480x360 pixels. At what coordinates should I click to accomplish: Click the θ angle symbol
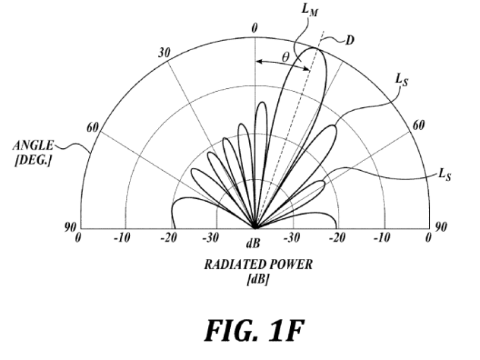click(x=286, y=57)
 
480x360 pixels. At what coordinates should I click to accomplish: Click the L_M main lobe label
click(x=310, y=10)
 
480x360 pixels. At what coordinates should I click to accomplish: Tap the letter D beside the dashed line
click(x=349, y=40)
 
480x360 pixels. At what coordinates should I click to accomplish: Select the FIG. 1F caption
click(x=254, y=330)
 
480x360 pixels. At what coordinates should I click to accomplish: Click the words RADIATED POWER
click(x=259, y=264)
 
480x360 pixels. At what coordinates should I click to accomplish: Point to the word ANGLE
click(x=33, y=145)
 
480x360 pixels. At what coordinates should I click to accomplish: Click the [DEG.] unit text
click(x=33, y=160)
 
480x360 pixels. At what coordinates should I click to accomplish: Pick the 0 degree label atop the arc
click(x=254, y=28)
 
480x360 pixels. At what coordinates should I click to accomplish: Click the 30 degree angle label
click(x=164, y=53)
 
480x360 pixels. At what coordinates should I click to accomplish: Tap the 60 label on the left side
click(x=93, y=128)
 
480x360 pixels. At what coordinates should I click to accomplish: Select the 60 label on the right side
click(x=418, y=125)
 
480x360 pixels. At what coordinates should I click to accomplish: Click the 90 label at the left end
click(x=70, y=227)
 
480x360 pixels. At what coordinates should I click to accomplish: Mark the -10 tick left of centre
click(x=122, y=238)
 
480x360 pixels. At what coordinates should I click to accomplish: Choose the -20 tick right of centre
click(x=338, y=238)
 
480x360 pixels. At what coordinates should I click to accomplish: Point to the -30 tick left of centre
click(x=210, y=238)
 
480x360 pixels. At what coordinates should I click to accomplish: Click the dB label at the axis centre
click(x=253, y=243)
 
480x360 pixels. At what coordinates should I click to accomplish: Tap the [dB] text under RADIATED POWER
click(x=257, y=279)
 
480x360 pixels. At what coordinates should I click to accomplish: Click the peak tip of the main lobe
click(x=314, y=48)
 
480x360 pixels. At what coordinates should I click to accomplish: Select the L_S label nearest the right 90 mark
click(x=445, y=174)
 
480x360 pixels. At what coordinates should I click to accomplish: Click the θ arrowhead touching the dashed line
click(x=307, y=69)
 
